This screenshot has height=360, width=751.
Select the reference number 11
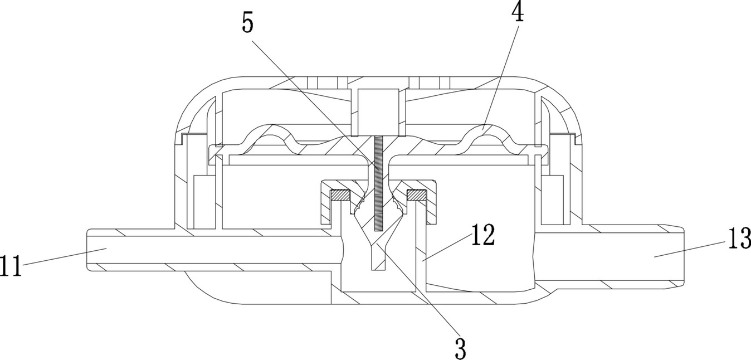click(11, 266)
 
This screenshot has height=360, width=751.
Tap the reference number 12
click(483, 236)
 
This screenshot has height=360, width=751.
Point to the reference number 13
click(738, 240)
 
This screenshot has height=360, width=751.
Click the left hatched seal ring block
click(340, 196)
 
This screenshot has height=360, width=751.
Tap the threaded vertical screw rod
click(378, 184)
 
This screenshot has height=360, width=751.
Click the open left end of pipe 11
click(89, 250)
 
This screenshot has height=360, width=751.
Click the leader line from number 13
click(691, 249)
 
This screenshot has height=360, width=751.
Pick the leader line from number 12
click(446, 247)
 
